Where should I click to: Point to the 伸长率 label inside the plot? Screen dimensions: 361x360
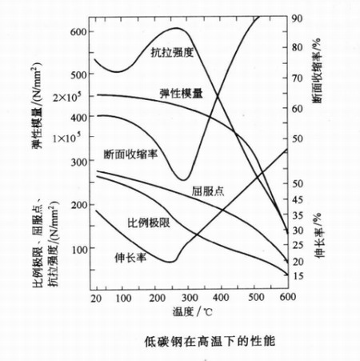130,259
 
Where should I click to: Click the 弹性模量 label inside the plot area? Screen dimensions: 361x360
181,92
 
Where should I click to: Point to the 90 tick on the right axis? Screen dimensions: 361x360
296,18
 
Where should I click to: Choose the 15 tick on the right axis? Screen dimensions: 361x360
298,276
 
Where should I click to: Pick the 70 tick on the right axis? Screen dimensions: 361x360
296,78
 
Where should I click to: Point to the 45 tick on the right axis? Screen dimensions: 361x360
298,200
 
